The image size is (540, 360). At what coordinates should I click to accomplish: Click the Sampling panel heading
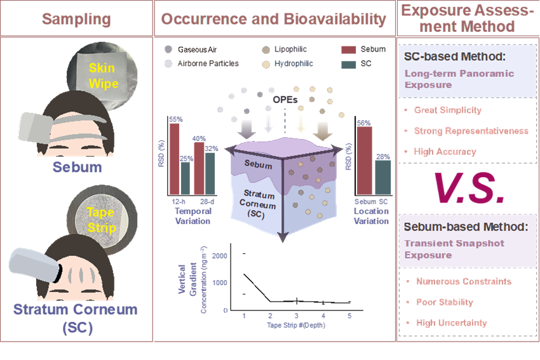[76, 18]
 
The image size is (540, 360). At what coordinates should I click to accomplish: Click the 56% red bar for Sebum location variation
[364, 161]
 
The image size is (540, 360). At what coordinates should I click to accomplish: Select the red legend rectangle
[348, 50]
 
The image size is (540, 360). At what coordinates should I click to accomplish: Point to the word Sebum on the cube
[259, 165]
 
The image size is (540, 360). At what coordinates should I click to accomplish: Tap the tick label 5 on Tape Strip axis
[349, 316]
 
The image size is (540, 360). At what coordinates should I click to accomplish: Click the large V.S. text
[469, 188]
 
